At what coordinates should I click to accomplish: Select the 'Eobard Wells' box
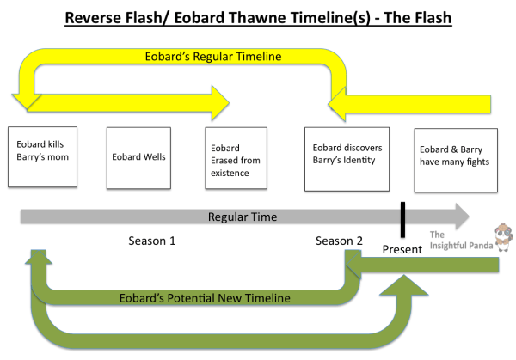tap(140, 157)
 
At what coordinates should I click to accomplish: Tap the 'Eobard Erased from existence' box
tap(240, 157)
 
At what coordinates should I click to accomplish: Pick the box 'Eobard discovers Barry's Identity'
tap(347, 157)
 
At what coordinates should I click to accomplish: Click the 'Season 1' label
tap(152, 241)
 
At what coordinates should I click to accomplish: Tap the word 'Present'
tap(402, 250)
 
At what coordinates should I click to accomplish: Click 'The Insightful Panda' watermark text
tap(460, 244)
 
